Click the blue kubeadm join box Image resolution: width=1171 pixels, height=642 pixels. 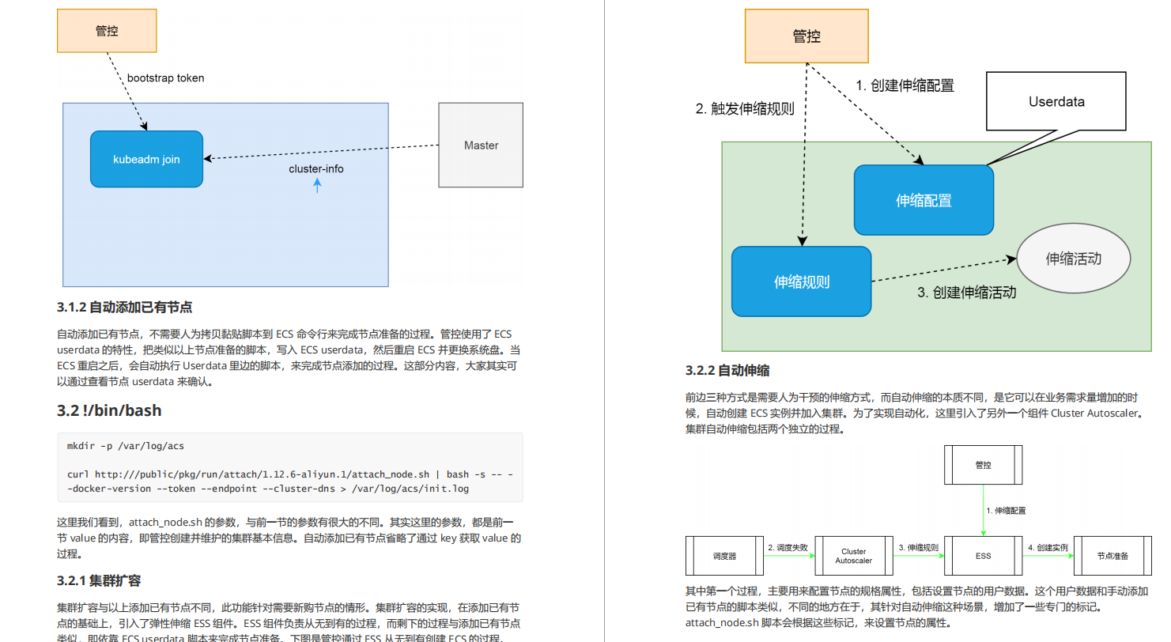coord(146,159)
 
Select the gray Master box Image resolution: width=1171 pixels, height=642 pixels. coord(481,145)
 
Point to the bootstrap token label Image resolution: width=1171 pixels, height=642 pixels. coord(165,77)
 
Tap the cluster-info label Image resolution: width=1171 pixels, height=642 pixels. coord(316,168)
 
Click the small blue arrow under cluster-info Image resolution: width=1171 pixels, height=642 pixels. coord(318,186)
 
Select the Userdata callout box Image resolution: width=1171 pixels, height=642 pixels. coord(1056,101)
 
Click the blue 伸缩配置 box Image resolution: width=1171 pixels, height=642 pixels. coord(924,200)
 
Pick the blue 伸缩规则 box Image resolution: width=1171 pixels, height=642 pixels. coord(801,281)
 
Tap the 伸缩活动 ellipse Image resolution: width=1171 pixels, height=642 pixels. coord(1073,259)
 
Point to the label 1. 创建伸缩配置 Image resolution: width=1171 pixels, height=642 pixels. coord(905,85)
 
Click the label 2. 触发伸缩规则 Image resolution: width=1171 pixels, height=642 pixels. coord(745,109)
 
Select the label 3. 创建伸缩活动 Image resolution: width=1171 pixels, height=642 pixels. coord(966,292)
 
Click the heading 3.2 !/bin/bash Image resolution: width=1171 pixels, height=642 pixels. coord(109,410)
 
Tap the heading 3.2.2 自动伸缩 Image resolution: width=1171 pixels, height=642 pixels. coord(727,370)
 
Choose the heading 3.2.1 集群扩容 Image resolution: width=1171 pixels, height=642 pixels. coord(99,580)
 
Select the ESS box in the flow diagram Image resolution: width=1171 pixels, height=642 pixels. coord(983,556)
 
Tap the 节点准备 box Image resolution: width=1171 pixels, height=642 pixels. coord(1112,556)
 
